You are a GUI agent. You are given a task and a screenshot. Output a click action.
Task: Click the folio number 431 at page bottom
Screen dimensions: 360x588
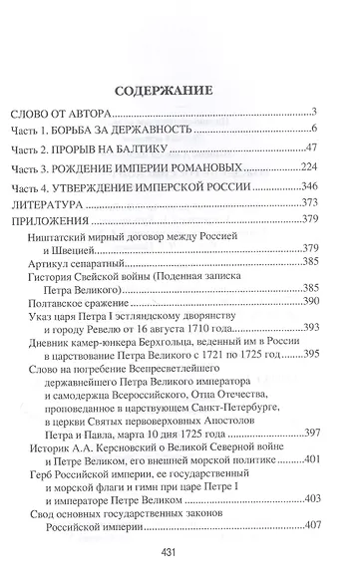[x=180, y=561]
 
